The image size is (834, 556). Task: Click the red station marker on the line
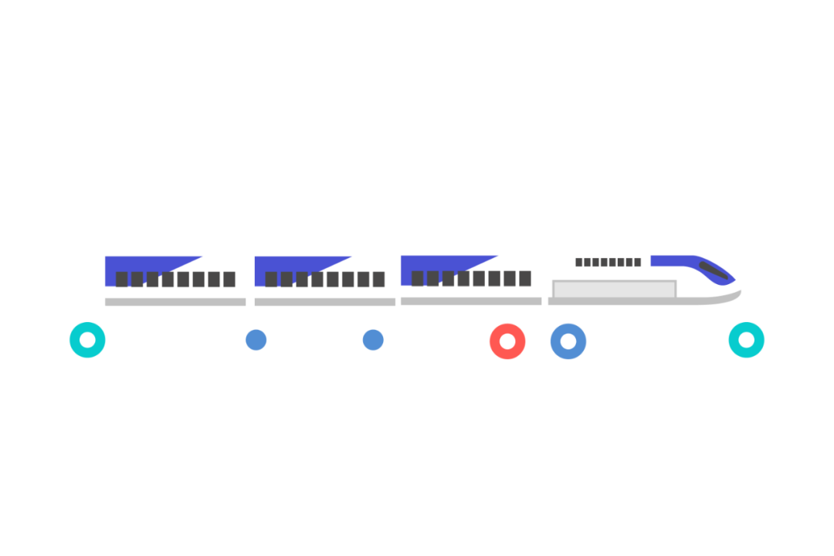click(x=507, y=341)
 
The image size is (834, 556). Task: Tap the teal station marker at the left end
click(x=87, y=340)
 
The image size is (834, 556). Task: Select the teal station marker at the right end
click(x=746, y=340)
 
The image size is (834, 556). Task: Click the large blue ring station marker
click(x=568, y=341)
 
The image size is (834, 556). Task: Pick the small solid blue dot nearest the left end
click(x=256, y=340)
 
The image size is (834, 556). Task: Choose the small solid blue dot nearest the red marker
click(x=373, y=340)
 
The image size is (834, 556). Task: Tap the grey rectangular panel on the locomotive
click(x=614, y=290)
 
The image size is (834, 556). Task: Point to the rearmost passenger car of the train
click(x=175, y=280)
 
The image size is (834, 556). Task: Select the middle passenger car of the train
click(x=325, y=280)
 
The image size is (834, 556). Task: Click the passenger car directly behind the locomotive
click(x=471, y=280)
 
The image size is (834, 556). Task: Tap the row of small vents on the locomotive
click(x=608, y=262)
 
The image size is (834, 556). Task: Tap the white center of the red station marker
click(x=507, y=341)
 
